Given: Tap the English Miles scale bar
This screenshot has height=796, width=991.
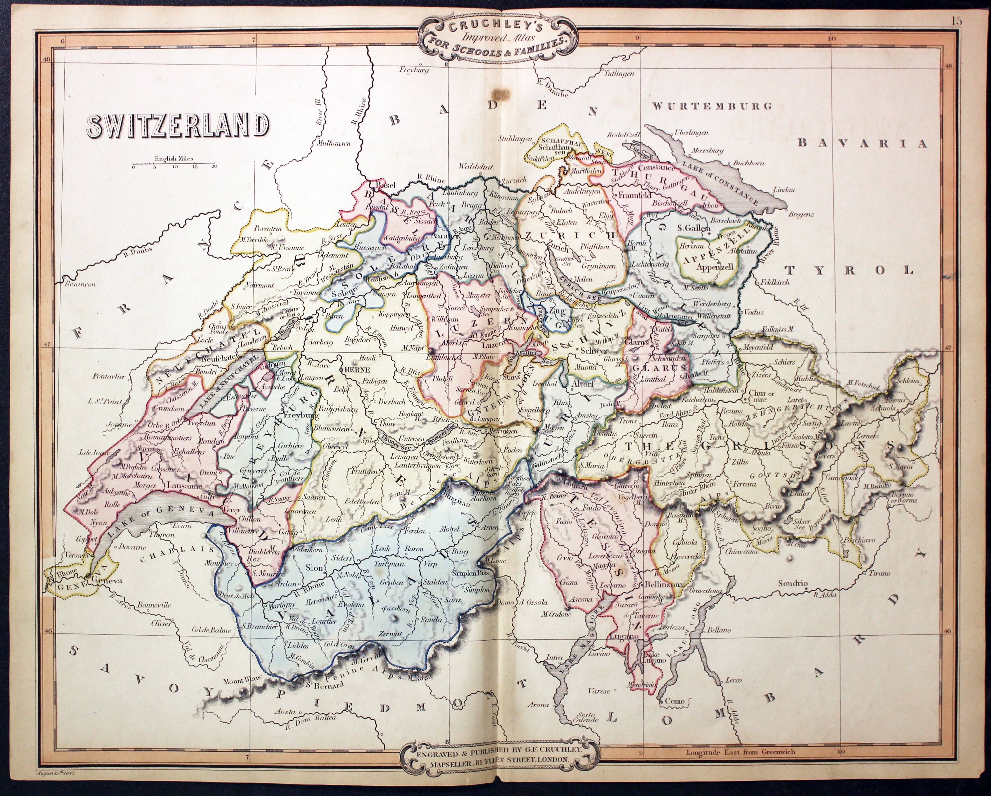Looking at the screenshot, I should (x=174, y=163).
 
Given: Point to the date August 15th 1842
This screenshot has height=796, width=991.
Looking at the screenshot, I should (x=55, y=774).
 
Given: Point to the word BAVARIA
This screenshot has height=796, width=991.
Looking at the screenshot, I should (x=862, y=143).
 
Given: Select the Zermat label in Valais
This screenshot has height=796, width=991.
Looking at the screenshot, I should (x=391, y=633).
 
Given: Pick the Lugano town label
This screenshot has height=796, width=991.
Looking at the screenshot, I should (x=624, y=636).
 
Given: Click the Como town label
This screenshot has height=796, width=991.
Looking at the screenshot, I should (x=674, y=701).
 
